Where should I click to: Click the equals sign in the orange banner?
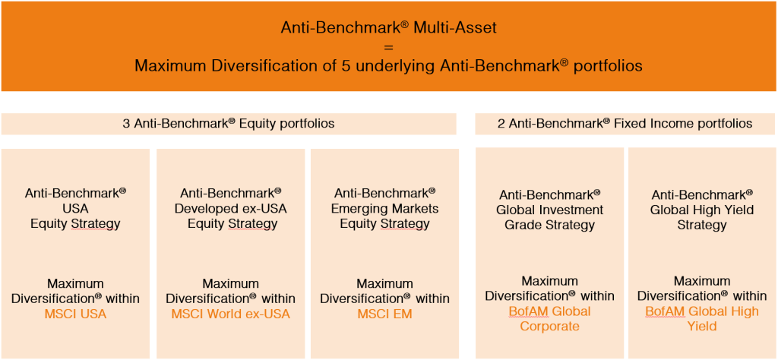[x=388, y=48]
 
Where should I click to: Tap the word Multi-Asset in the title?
[x=455, y=28]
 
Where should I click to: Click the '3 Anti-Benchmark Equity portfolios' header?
[x=228, y=124]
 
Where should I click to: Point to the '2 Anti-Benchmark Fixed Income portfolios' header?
[x=625, y=124]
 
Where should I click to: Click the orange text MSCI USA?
[x=76, y=314]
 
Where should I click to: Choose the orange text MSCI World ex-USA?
[x=230, y=314]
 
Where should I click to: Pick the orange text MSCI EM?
[x=384, y=314]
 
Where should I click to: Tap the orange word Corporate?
[x=549, y=327]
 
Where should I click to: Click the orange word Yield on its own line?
[x=701, y=327]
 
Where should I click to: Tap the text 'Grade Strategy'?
[x=549, y=225]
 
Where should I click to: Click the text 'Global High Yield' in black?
[x=701, y=210]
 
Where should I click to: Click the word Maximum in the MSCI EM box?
[x=384, y=283]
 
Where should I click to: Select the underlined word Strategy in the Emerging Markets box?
[x=405, y=224]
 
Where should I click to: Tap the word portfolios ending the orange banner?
[x=608, y=66]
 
